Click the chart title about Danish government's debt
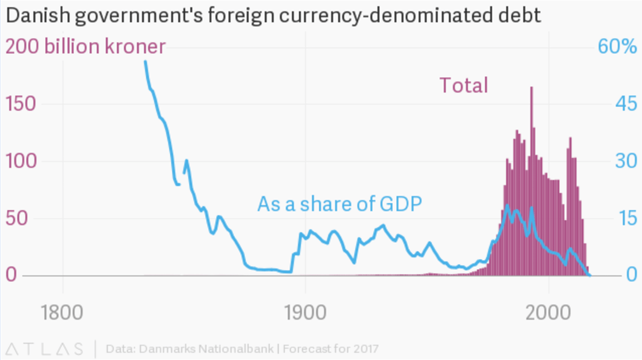click(x=273, y=16)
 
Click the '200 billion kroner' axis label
click(x=85, y=47)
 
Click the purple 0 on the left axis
click(x=13, y=275)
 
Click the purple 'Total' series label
click(x=464, y=86)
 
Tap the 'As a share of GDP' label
click(x=340, y=204)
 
